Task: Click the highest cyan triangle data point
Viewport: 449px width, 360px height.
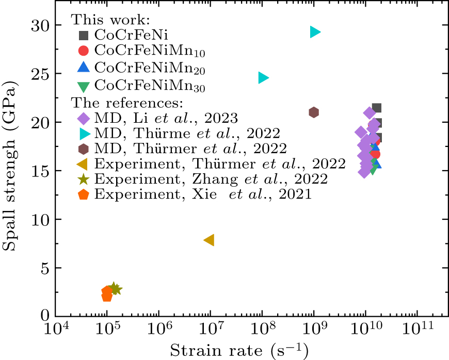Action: pos(315,32)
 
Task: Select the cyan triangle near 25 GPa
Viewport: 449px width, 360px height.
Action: pos(263,77)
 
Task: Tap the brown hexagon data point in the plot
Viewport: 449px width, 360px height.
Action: pos(314,112)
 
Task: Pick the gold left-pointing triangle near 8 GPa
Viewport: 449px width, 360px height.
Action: pos(209,240)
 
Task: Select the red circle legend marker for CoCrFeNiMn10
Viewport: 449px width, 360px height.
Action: pos(83,51)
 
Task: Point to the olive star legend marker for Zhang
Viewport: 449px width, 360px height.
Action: pos(83,179)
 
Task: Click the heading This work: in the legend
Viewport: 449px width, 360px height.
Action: pos(110,20)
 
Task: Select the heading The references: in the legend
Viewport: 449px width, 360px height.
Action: pos(126,102)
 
